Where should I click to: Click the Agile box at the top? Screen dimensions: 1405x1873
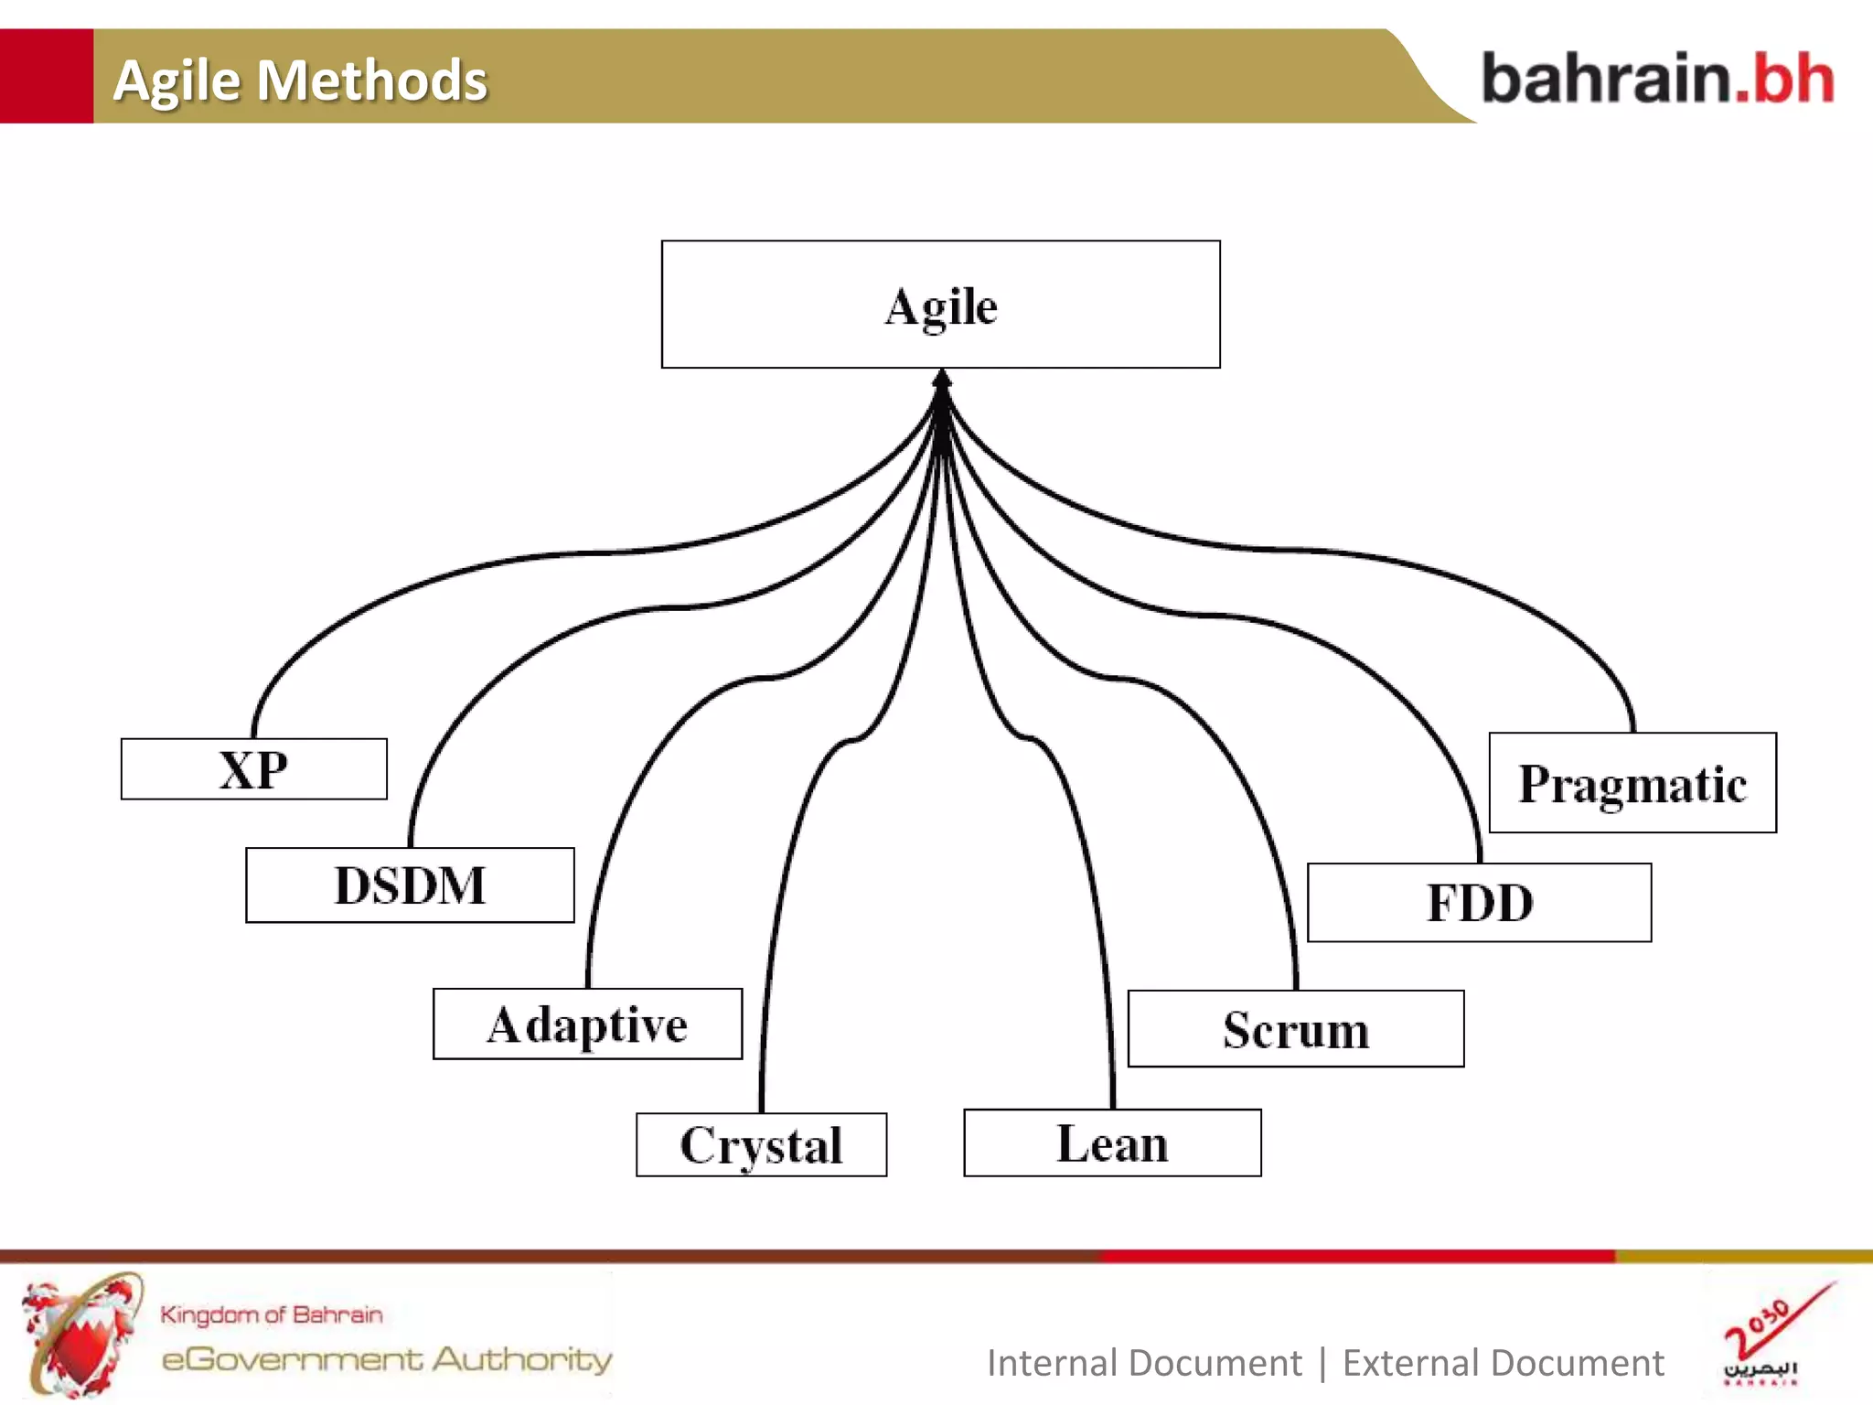(x=940, y=305)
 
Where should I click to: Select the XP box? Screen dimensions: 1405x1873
(x=253, y=769)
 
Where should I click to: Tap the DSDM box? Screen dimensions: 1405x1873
(x=410, y=885)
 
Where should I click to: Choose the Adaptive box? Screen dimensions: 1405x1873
(x=587, y=1024)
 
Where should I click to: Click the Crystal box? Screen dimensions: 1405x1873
(x=761, y=1145)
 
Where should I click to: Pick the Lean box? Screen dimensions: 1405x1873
(x=1112, y=1143)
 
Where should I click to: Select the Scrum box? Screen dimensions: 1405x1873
(x=1295, y=1029)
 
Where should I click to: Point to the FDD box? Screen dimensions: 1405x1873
(x=1479, y=903)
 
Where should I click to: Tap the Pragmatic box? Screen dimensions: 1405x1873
(x=1632, y=784)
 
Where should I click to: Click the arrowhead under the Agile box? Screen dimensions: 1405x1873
(x=942, y=378)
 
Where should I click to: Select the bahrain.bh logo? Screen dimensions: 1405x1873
(x=1657, y=79)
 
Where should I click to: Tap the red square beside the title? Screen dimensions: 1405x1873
(x=46, y=76)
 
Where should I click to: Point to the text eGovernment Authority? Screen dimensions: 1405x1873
(x=387, y=1359)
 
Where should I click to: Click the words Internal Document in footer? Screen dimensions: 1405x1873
(x=1143, y=1363)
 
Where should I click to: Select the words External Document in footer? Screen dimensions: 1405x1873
(x=1503, y=1363)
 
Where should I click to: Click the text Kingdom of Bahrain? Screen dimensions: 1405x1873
(x=271, y=1314)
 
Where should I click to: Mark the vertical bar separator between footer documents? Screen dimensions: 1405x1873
(x=1322, y=1363)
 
